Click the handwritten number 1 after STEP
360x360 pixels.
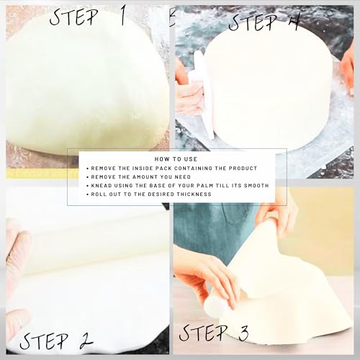122,16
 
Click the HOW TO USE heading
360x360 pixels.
176,159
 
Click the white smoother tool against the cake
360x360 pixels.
203,94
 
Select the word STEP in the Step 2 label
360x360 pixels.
44,341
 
